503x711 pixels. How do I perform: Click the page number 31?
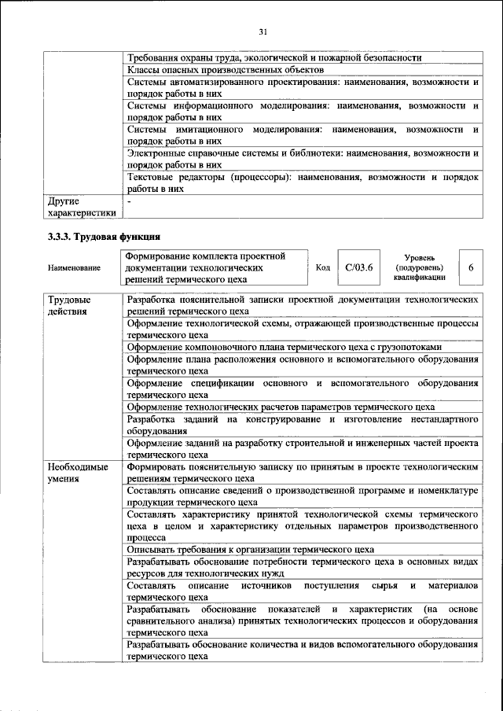(263, 31)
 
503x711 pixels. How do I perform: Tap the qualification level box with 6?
(470, 267)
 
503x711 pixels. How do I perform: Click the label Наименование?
(74, 268)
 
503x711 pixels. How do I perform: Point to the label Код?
(322, 267)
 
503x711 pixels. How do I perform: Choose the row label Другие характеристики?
(82, 207)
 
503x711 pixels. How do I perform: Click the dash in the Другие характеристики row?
(130, 201)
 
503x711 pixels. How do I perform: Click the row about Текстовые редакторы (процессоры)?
(303, 183)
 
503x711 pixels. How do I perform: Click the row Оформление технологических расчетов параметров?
(281, 407)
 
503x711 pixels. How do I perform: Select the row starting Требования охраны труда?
(274, 57)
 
